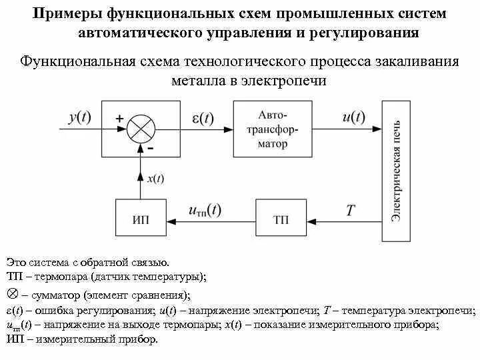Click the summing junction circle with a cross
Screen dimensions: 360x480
pyautogui.click(x=141, y=127)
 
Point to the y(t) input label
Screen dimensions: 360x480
pyautogui.click(x=79, y=117)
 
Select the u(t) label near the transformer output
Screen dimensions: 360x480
pyautogui.click(x=353, y=117)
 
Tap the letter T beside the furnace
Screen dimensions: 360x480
pyautogui.click(x=351, y=210)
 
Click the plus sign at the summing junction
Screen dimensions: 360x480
pyautogui.click(x=120, y=118)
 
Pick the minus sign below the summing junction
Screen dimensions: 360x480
pyautogui.click(x=151, y=149)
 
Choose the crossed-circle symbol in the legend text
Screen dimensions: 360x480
pyautogui.click(x=11, y=293)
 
